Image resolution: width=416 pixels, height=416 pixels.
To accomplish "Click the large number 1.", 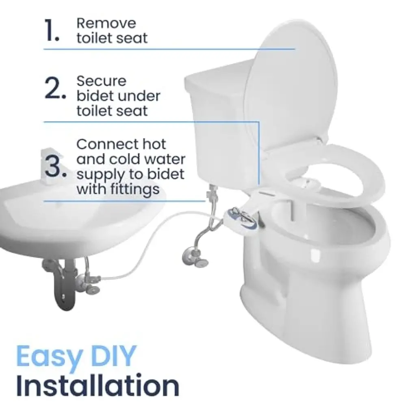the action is (x=52, y=30).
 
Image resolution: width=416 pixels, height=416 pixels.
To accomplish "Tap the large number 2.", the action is (x=55, y=88).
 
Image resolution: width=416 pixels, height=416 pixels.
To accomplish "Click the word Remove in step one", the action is (x=106, y=23).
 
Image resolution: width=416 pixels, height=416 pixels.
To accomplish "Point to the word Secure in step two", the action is (x=101, y=81).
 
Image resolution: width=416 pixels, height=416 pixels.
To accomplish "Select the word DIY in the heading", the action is (x=115, y=355).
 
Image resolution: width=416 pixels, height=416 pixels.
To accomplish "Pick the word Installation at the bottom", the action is (x=97, y=385).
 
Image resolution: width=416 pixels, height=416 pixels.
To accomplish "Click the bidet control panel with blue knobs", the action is (x=240, y=217).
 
